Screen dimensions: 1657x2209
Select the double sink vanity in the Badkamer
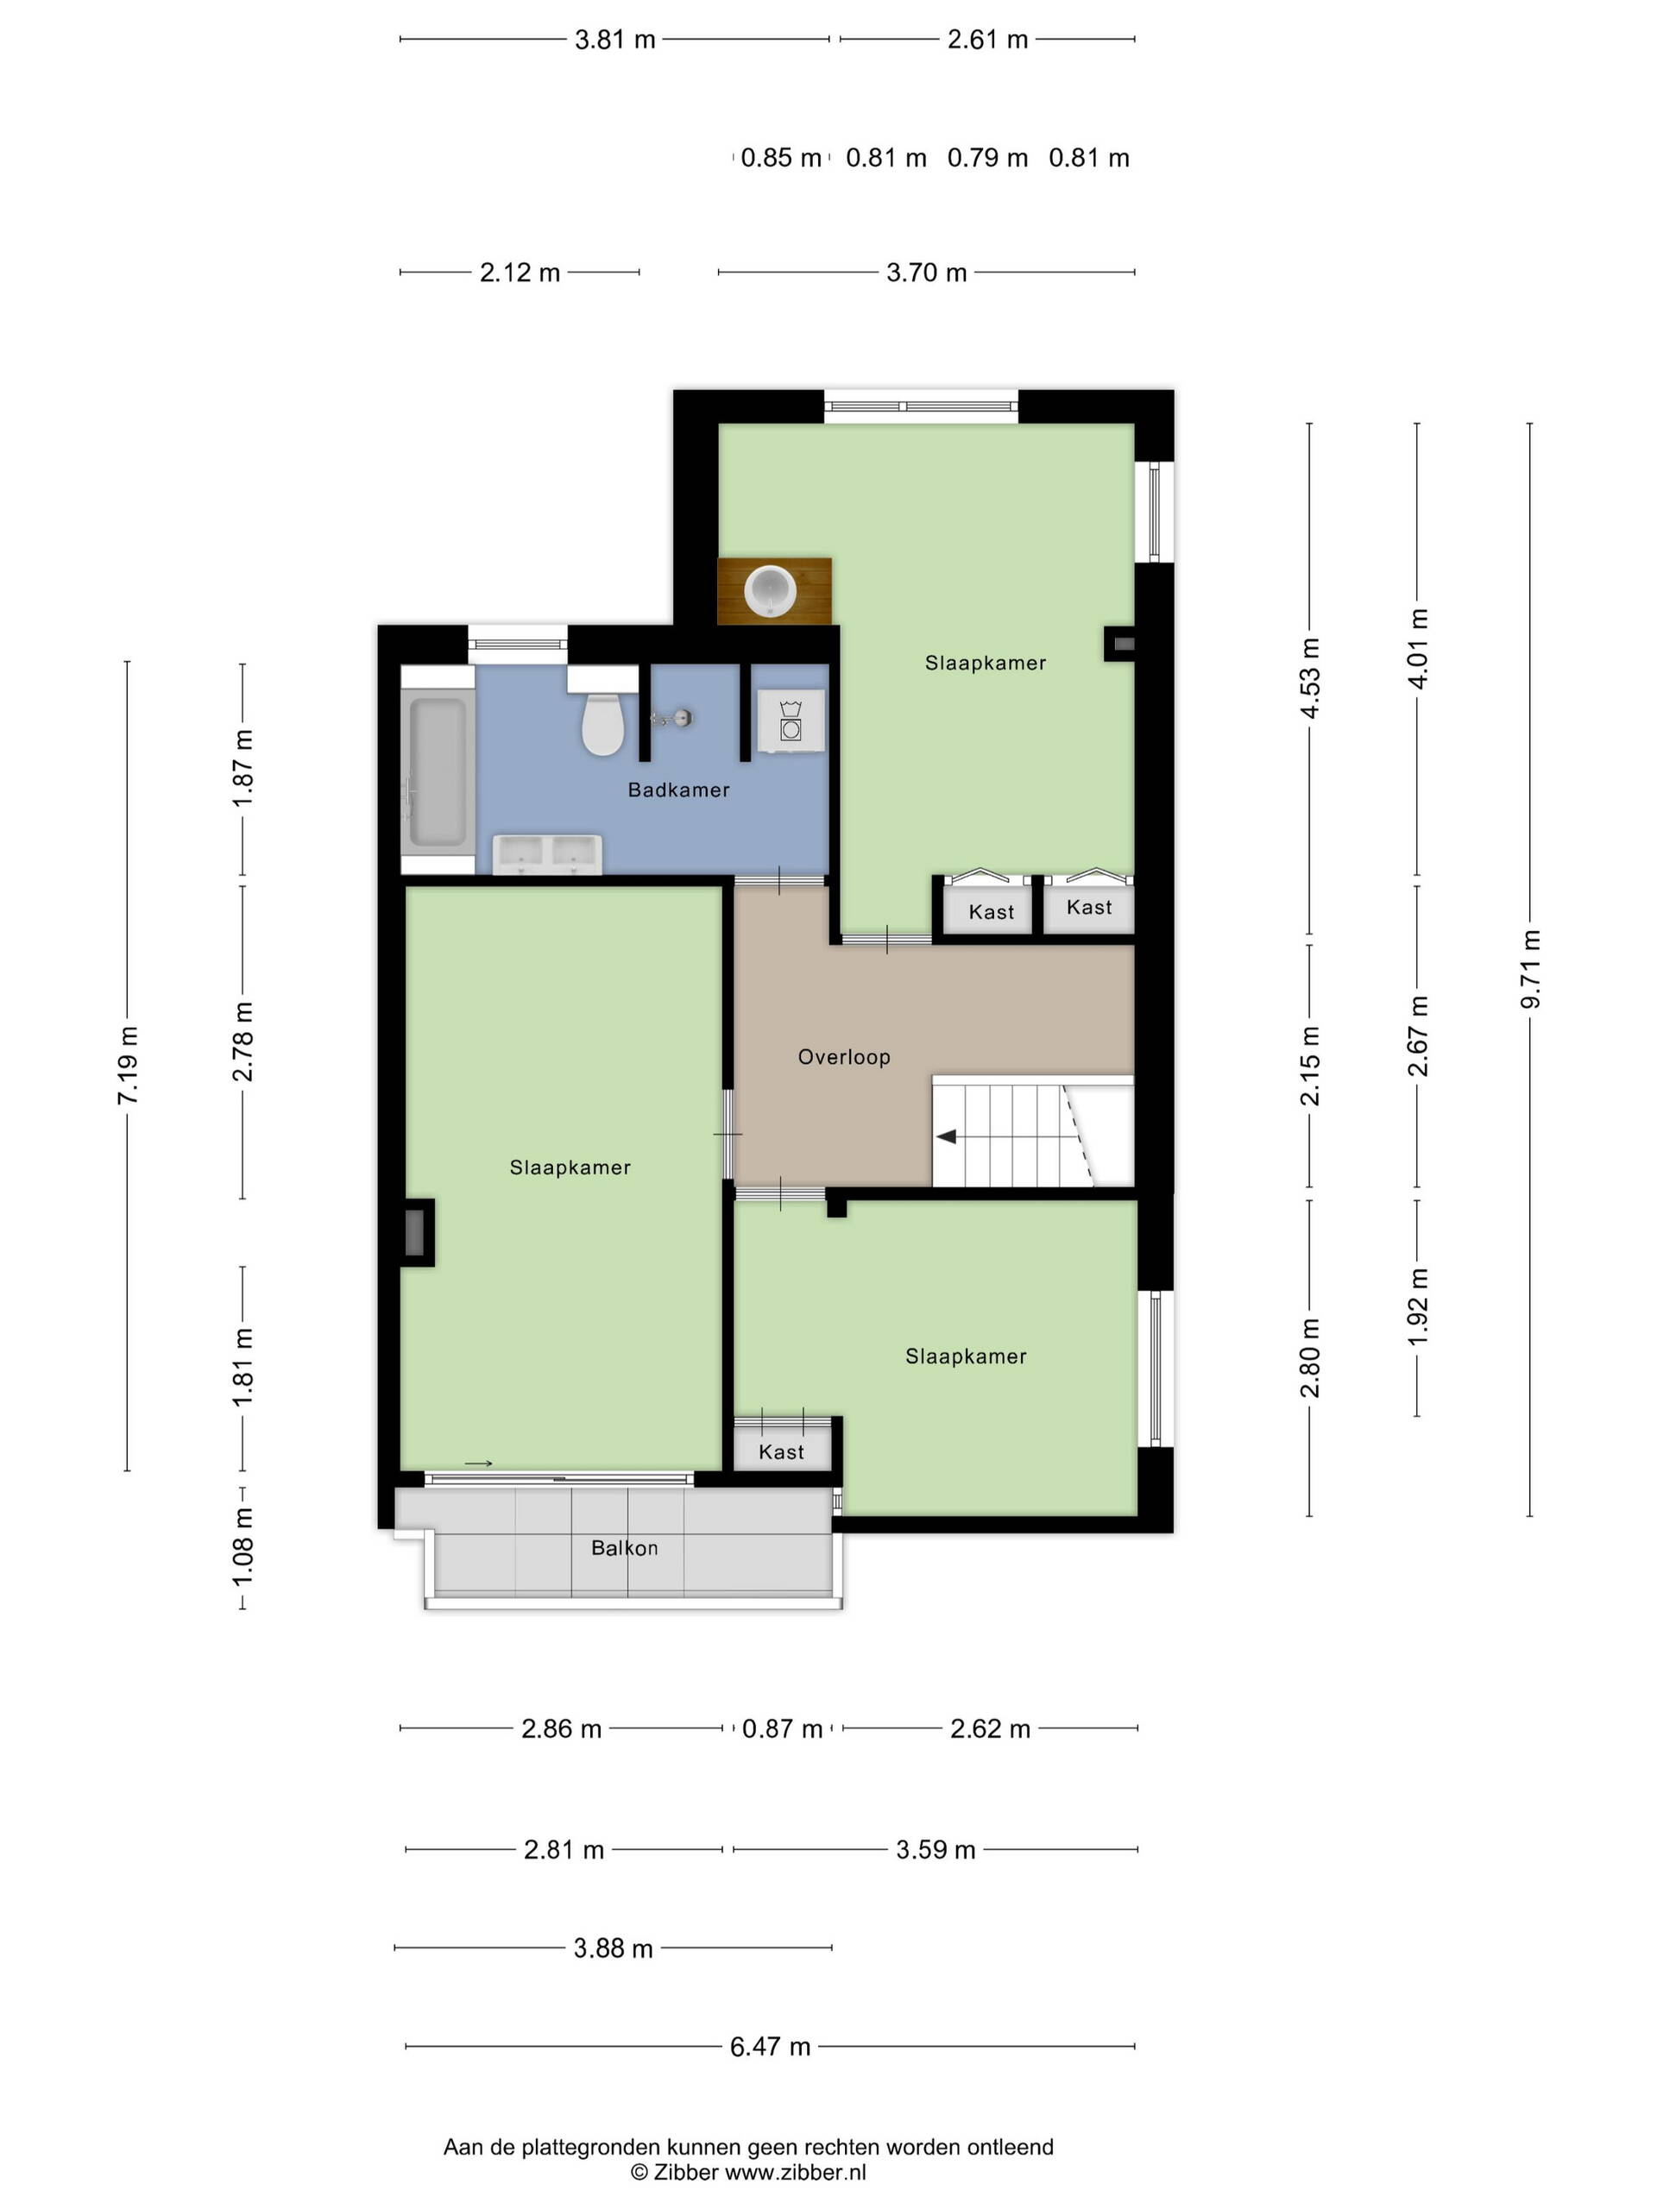coord(547,855)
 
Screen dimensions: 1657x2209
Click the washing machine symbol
coord(790,720)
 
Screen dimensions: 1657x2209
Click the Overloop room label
coord(844,1056)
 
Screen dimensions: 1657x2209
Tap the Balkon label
coord(624,1548)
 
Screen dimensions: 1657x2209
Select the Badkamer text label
coord(678,790)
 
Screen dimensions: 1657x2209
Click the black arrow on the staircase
coord(945,1136)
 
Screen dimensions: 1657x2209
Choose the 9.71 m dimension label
coord(1530,969)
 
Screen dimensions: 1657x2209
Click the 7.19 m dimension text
coord(128,1065)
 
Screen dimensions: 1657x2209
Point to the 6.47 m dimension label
coord(770,2048)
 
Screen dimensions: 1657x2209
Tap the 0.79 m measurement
coord(986,158)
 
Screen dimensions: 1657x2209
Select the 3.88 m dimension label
coord(614,1948)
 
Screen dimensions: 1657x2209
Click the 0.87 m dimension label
coord(782,1728)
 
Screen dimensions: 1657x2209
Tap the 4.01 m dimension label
coord(1418,648)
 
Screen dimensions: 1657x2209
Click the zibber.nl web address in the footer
coord(795,2172)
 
